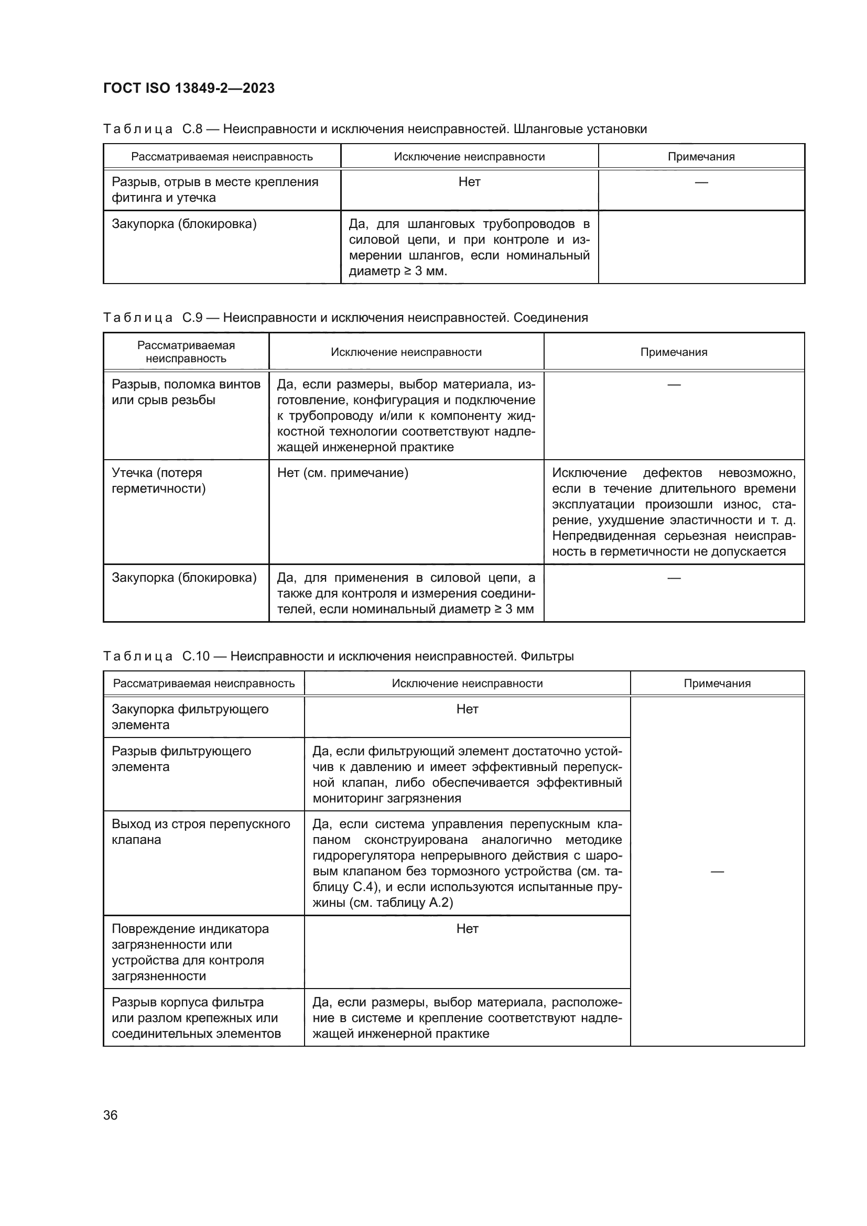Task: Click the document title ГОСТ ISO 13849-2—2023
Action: click(x=189, y=88)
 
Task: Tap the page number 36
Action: click(x=110, y=1115)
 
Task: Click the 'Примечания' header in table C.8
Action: click(x=701, y=156)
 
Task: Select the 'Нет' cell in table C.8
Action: click(x=469, y=182)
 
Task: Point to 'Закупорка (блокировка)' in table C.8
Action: click(x=184, y=224)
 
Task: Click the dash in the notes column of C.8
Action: click(x=701, y=182)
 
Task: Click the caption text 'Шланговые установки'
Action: click(x=580, y=129)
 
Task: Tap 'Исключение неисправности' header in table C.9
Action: click(x=406, y=352)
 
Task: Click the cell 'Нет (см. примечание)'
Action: click(x=342, y=473)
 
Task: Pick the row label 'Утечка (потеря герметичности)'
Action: click(x=158, y=481)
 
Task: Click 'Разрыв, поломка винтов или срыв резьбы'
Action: click(x=186, y=392)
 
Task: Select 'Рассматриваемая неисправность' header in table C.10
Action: click(x=203, y=683)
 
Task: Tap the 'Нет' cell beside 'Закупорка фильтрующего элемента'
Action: click(x=467, y=709)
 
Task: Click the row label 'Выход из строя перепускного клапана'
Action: click(x=201, y=831)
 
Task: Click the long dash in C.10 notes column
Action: click(x=717, y=872)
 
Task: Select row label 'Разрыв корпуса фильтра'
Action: click(x=188, y=1002)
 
